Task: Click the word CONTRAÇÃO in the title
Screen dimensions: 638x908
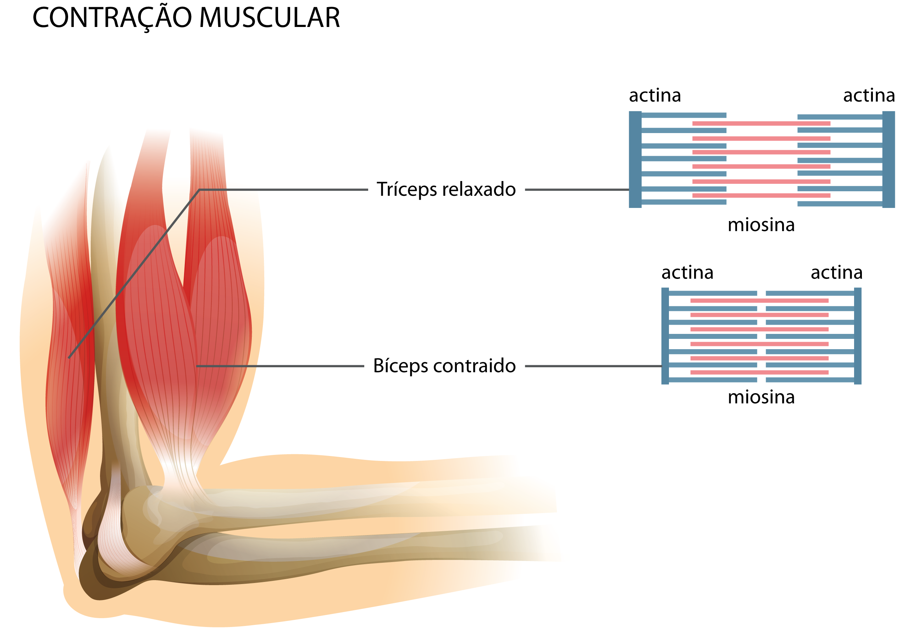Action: tap(113, 18)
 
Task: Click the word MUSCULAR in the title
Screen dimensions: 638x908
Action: tap(269, 18)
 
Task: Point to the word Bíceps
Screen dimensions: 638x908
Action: tap(400, 366)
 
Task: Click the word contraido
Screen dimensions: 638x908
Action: tap(474, 366)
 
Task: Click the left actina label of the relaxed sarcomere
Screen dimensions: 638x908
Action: tap(655, 96)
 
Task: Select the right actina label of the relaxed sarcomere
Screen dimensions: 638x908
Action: tap(869, 96)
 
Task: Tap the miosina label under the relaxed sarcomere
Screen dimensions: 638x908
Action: tap(761, 225)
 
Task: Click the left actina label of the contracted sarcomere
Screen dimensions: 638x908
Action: tap(687, 273)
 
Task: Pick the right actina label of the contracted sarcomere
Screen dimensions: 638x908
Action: tap(836, 273)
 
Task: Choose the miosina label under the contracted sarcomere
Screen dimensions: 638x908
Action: tap(761, 397)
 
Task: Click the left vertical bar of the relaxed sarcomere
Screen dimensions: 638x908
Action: tap(635, 159)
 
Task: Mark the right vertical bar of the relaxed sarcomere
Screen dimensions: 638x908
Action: tap(888, 159)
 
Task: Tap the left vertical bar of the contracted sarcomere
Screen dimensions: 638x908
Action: tap(665, 336)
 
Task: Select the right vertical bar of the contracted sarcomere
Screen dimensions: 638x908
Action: tap(857, 336)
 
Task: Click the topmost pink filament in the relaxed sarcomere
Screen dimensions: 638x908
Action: tap(761, 124)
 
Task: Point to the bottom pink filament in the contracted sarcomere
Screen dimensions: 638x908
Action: tap(759, 372)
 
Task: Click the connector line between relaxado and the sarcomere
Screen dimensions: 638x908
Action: tap(577, 190)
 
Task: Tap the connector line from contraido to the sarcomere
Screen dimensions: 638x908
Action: tap(593, 366)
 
